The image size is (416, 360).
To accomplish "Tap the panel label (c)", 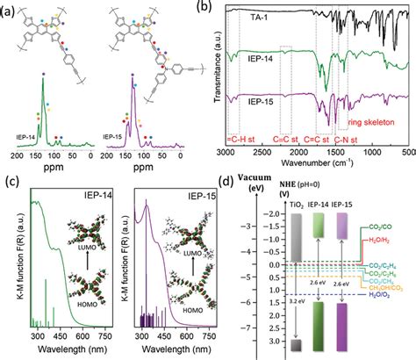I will coord(10,183).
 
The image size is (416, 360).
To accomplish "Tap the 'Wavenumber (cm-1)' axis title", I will coord(319,162).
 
